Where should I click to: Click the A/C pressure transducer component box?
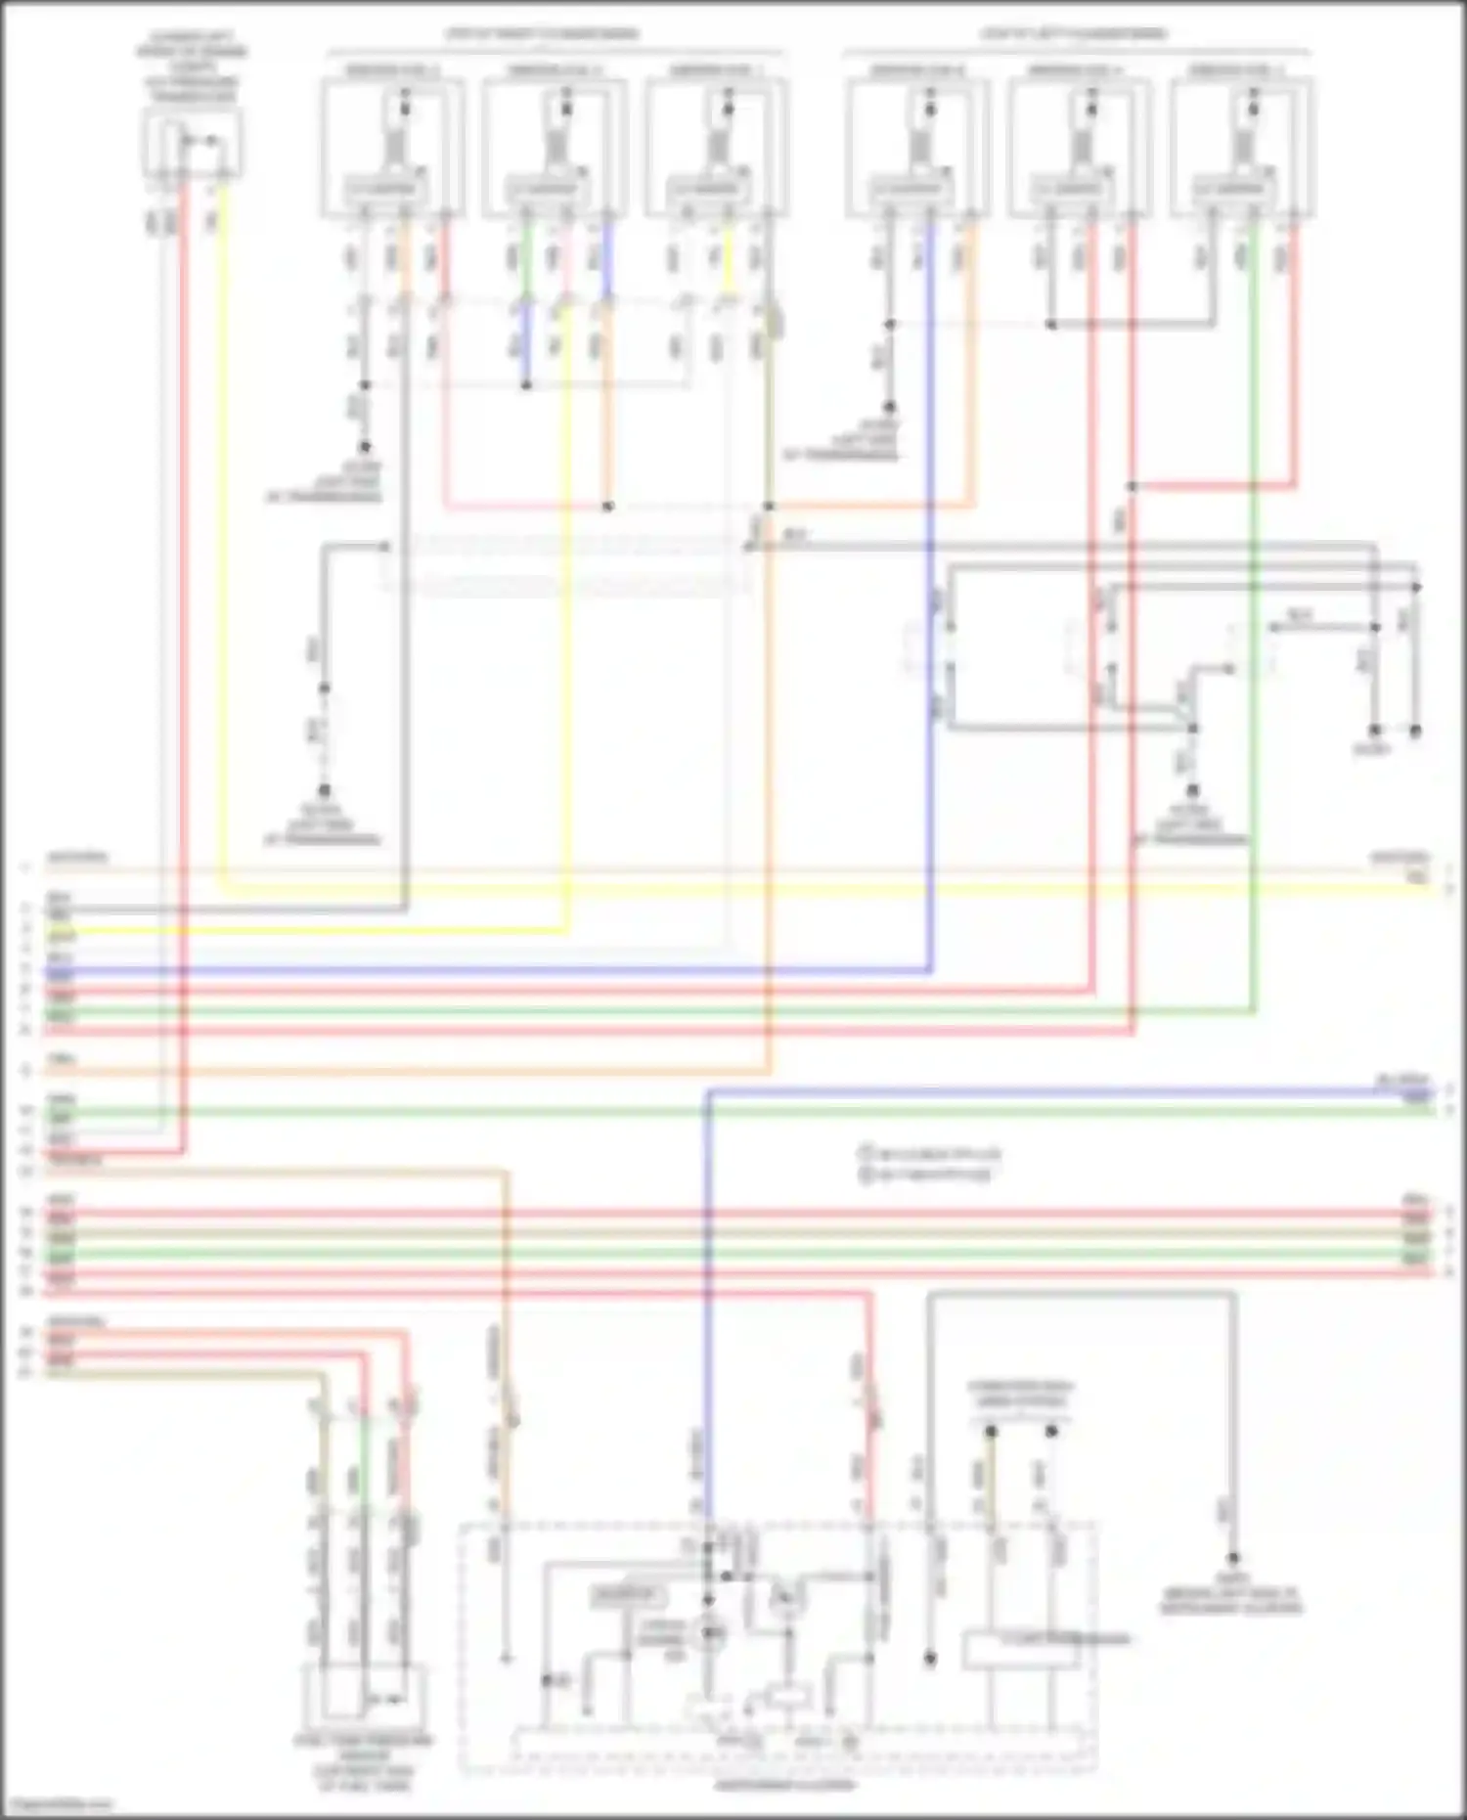tap(193, 143)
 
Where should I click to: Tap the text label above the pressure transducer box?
tap(192, 73)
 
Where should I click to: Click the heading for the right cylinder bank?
tap(542, 34)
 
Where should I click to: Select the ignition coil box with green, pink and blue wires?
tap(556, 147)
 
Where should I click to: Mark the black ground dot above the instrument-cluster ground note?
tap(1233, 1558)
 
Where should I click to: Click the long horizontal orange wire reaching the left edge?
tap(391, 1072)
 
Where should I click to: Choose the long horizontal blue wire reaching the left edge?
tap(489, 971)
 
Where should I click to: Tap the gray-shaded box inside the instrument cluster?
tap(627, 1597)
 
